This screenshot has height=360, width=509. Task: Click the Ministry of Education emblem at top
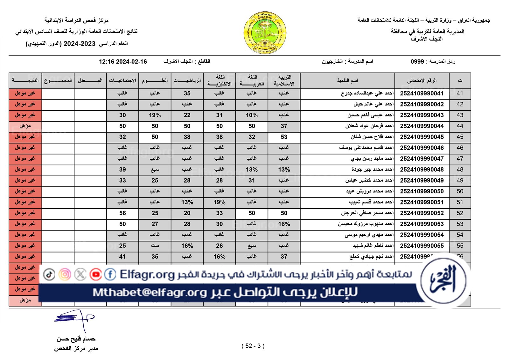(265, 32)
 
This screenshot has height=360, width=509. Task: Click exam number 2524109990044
(422, 126)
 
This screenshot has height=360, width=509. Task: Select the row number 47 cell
(460, 159)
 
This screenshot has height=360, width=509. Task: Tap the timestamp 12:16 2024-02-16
(123, 62)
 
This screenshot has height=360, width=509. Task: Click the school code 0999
(417, 61)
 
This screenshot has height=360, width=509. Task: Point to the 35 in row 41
(187, 93)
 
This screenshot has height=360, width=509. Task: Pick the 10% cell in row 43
(252, 115)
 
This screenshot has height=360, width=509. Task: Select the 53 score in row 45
(284, 137)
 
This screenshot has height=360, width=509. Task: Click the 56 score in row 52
(122, 213)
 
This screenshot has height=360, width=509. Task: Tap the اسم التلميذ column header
(347, 81)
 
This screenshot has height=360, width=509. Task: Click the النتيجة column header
(25, 81)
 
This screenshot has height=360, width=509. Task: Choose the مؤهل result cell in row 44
(25, 126)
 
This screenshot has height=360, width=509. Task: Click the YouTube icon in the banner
(95, 274)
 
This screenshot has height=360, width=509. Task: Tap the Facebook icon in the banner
(110, 274)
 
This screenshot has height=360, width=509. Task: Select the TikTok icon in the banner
(49, 274)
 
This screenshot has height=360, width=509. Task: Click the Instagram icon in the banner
(65, 274)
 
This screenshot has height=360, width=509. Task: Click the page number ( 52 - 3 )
(253, 346)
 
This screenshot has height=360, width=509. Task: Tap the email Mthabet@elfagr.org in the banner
(150, 292)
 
